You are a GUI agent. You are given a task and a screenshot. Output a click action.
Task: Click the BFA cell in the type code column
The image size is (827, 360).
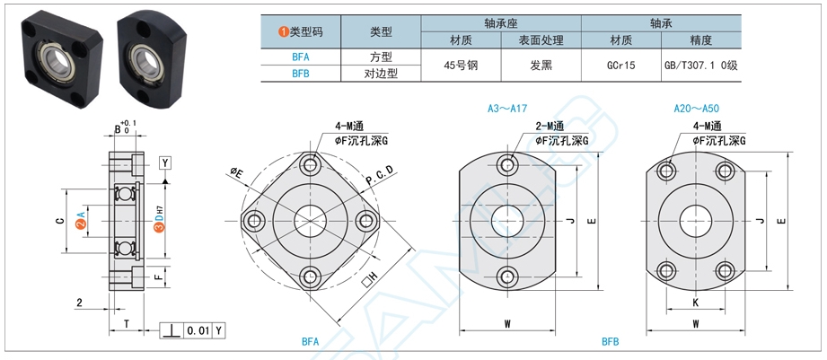tap(302, 56)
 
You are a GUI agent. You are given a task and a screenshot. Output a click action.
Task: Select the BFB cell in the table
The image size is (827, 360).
tap(302, 74)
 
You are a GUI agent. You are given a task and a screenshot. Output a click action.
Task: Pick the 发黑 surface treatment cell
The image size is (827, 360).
tap(541, 65)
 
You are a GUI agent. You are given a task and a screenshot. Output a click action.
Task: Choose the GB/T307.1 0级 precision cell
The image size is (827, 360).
tap(699, 65)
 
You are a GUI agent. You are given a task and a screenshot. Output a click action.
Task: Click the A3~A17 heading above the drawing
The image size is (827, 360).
tap(506, 108)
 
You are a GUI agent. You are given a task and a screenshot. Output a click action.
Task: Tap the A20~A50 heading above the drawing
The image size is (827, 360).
tap(696, 108)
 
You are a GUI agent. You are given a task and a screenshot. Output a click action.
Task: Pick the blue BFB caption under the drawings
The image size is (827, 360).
tap(611, 342)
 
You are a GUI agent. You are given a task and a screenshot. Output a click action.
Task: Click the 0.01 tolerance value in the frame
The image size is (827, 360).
tap(198, 331)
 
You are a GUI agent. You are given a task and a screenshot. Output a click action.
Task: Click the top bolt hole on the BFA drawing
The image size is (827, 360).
tap(311, 165)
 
